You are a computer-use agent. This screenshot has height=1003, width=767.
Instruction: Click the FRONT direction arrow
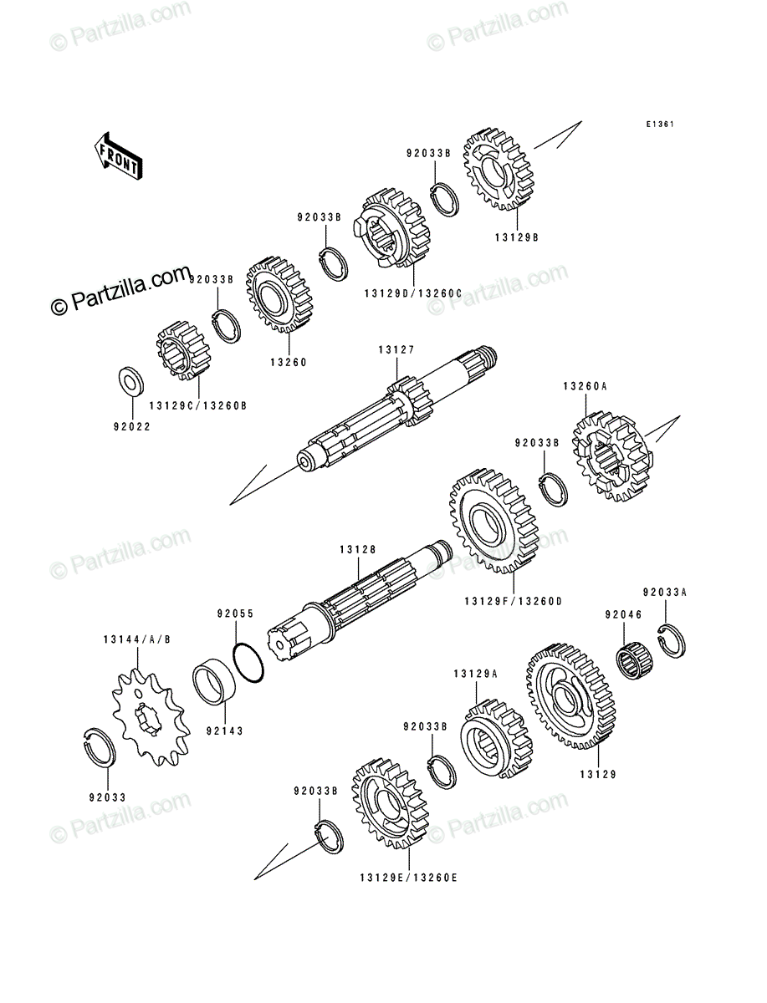118,156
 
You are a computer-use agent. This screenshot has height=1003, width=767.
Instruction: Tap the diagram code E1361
660,125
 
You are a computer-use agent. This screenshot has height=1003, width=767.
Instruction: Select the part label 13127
396,350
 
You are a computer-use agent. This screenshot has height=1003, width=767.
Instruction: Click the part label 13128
357,550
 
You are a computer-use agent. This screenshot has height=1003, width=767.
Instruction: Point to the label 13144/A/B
137,639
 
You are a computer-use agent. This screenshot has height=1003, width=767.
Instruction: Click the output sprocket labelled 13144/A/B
151,717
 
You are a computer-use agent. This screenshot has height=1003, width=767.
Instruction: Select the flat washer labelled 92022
131,380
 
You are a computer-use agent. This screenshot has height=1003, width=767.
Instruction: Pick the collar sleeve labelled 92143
214,685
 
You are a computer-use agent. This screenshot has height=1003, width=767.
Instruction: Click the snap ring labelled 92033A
672,640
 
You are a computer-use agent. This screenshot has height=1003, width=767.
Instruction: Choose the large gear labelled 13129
571,696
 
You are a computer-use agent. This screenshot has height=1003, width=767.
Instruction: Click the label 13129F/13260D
514,602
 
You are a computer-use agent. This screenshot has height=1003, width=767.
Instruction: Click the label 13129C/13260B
198,405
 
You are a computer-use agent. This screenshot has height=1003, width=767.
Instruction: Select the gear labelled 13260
279,294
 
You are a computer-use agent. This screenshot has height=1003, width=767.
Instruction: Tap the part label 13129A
476,674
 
